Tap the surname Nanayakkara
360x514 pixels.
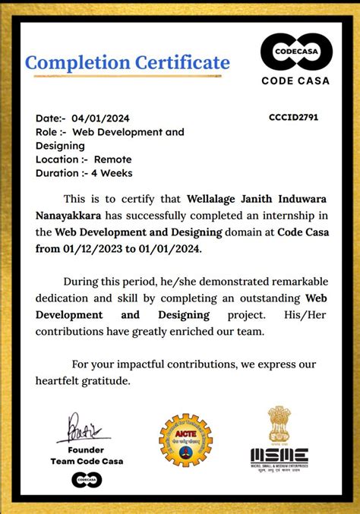tap(71, 215)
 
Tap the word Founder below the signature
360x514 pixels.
tap(86, 449)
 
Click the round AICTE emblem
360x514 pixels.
tap(185, 440)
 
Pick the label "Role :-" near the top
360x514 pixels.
tap(52, 132)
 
